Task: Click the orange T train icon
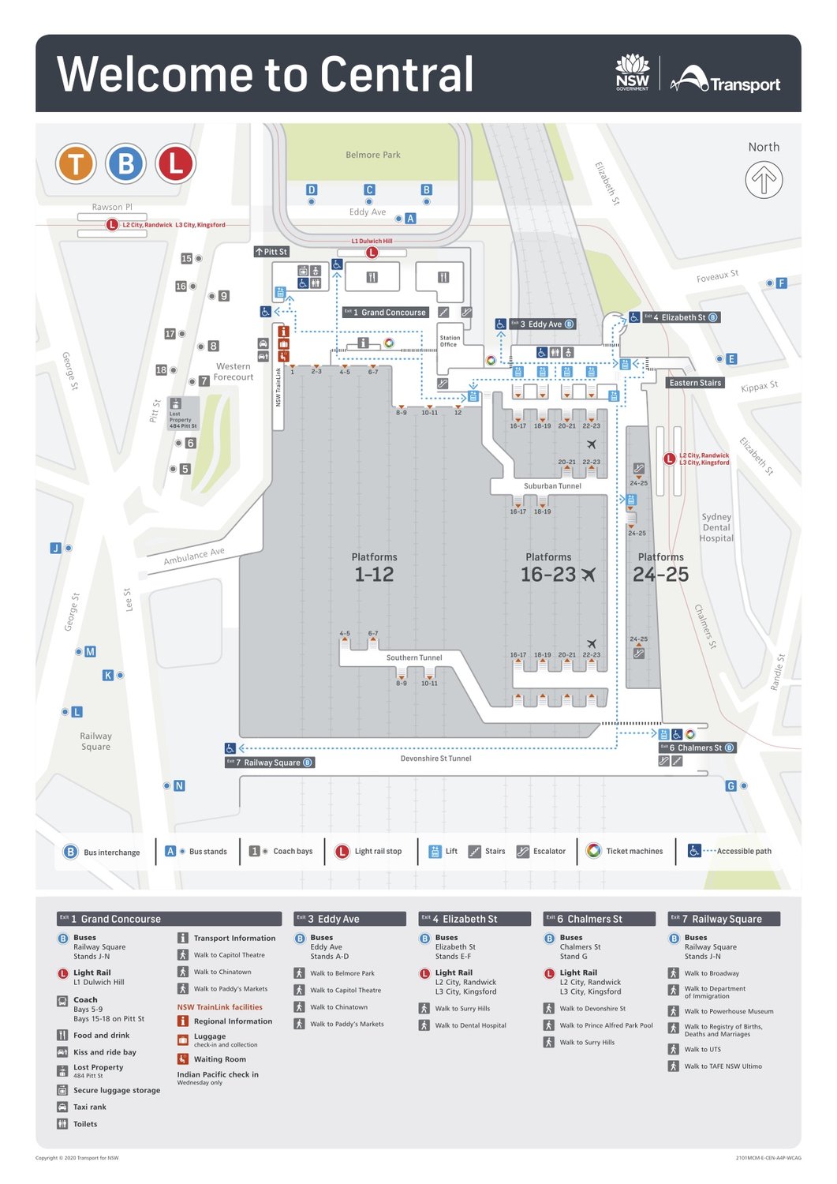(x=76, y=164)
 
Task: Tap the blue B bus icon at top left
(x=125, y=164)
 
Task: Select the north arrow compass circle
(x=764, y=180)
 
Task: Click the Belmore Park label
(x=372, y=155)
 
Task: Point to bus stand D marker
(x=312, y=190)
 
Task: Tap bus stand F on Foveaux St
(x=781, y=283)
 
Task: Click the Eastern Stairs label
(x=695, y=383)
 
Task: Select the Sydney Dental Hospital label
(x=716, y=527)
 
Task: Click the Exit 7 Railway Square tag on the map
(x=270, y=762)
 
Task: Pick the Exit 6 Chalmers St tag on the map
(x=697, y=747)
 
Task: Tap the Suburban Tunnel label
(x=552, y=486)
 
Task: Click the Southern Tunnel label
(x=414, y=658)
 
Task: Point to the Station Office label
(x=450, y=341)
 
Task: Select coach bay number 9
(x=224, y=296)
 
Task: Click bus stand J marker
(x=56, y=548)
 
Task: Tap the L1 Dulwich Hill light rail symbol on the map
(x=372, y=253)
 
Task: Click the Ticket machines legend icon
(x=594, y=850)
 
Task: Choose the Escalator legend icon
(x=522, y=851)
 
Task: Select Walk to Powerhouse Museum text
(x=728, y=1011)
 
